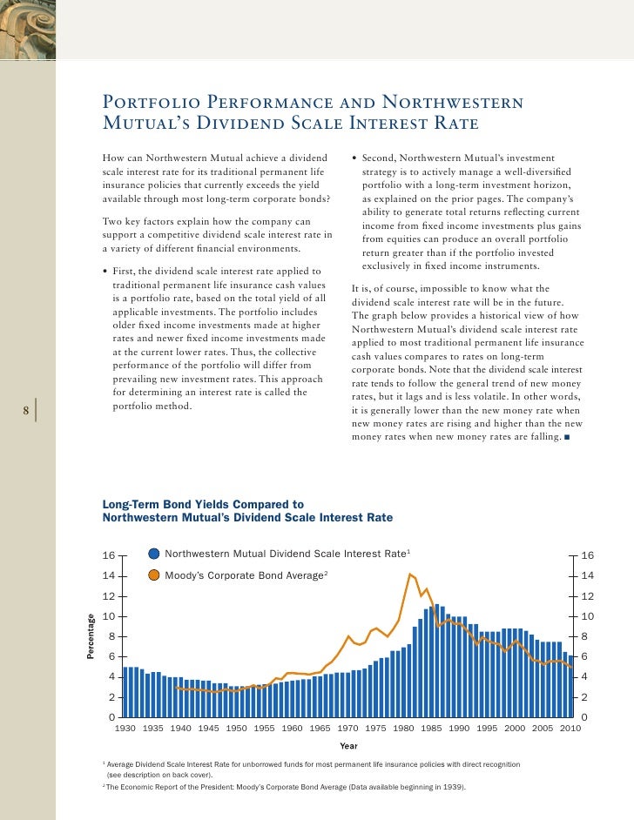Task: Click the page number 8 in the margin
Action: pyautogui.click(x=25, y=411)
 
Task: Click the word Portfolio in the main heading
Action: pyautogui.click(x=152, y=102)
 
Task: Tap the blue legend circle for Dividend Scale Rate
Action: pyautogui.click(x=154, y=554)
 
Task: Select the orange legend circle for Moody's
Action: pyautogui.click(x=154, y=575)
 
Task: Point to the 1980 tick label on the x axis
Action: pyautogui.click(x=403, y=728)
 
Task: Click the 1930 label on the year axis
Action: pyautogui.click(x=125, y=728)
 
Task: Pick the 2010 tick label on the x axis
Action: pyautogui.click(x=570, y=728)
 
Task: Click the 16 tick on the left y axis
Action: pyautogui.click(x=108, y=555)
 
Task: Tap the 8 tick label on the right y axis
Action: pyautogui.click(x=584, y=636)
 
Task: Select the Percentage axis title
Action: pyautogui.click(x=91, y=636)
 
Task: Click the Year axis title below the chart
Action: pyautogui.click(x=348, y=746)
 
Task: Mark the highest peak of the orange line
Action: pyautogui.click(x=410, y=575)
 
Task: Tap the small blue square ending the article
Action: pyautogui.click(x=567, y=437)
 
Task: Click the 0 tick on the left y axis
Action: pyautogui.click(x=111, y=717)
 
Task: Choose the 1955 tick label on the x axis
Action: pyautogui.click(x=264, y=728)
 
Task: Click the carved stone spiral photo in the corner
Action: pyautogui.click(x=28, y=30)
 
